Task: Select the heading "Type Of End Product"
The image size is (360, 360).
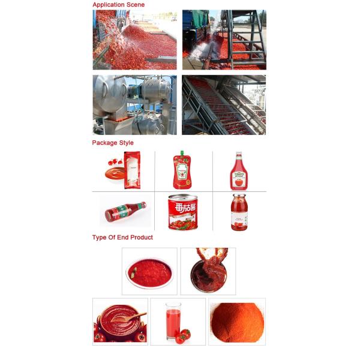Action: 122,238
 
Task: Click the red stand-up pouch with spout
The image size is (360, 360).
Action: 181,171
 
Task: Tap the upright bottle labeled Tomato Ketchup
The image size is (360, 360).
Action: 238,173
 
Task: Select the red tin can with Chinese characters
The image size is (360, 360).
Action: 182,212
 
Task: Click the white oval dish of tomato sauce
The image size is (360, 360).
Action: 149,272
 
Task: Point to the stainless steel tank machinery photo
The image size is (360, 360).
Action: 134,104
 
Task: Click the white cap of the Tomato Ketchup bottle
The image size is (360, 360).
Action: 238,154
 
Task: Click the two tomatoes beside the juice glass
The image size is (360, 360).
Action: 182,335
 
